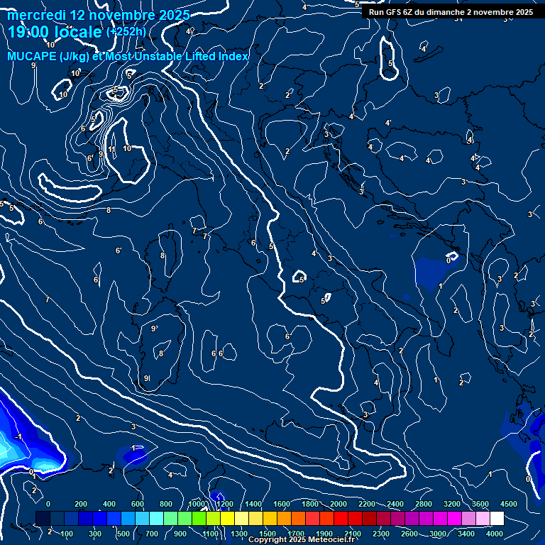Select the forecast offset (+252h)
point(126,32)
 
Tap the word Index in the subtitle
point(234,57)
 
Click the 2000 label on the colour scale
point(338,504)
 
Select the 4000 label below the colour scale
point(495,534)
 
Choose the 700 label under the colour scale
point(152,534)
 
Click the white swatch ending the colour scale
point(497,518)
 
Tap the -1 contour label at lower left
point(19,436)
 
